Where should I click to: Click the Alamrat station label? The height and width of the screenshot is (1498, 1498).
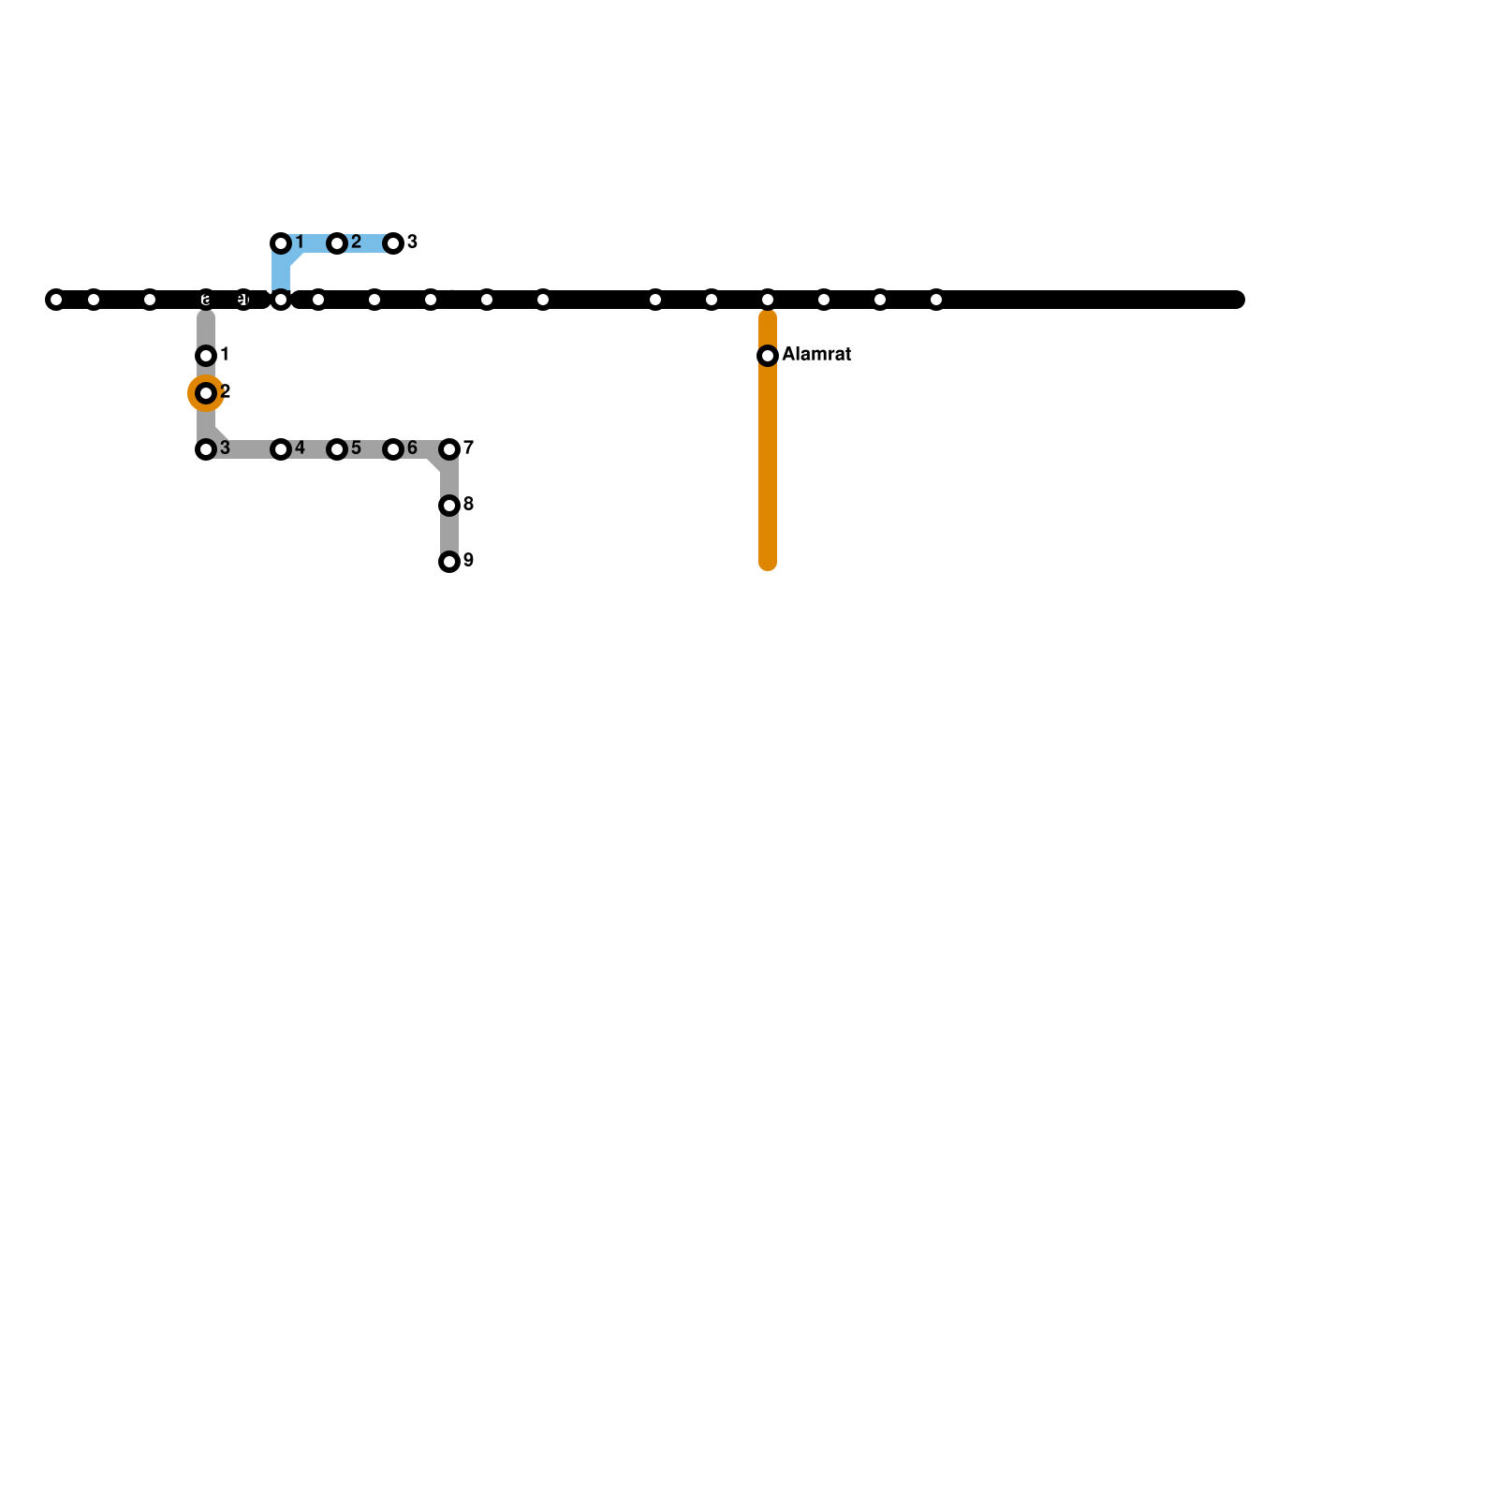pos(816,355)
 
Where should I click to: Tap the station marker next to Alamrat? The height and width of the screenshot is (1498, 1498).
pos(768,356)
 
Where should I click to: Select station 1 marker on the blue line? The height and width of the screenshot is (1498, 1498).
pos(281,243)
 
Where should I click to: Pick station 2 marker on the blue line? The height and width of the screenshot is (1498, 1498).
pos(337,243)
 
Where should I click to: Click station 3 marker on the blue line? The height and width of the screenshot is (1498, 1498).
pos(393,243)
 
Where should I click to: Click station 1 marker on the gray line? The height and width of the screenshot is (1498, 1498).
pos(206,356)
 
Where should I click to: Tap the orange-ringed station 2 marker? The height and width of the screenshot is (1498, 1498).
pos(206,393)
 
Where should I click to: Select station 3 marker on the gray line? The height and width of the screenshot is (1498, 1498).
pos(206,449)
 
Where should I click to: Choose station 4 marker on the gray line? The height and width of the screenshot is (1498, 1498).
pos(281,449)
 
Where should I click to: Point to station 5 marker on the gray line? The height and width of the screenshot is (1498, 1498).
pos(337,449)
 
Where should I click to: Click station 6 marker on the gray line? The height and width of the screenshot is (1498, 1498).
pos(393,449)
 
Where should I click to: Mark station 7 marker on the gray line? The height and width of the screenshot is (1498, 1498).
pos(449,449)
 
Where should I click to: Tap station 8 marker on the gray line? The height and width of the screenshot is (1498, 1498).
pos(449,506)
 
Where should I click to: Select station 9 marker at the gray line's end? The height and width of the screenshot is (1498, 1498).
pos(449,562)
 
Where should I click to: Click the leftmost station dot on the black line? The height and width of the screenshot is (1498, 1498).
pos(56,300)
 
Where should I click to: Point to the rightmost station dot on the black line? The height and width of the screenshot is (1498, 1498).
pos(936,300)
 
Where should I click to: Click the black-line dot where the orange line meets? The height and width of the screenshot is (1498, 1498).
pos(768,300)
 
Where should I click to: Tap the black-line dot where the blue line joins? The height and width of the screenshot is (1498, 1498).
pos(281,300)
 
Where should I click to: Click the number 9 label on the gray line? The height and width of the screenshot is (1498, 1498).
pos(468,561)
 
